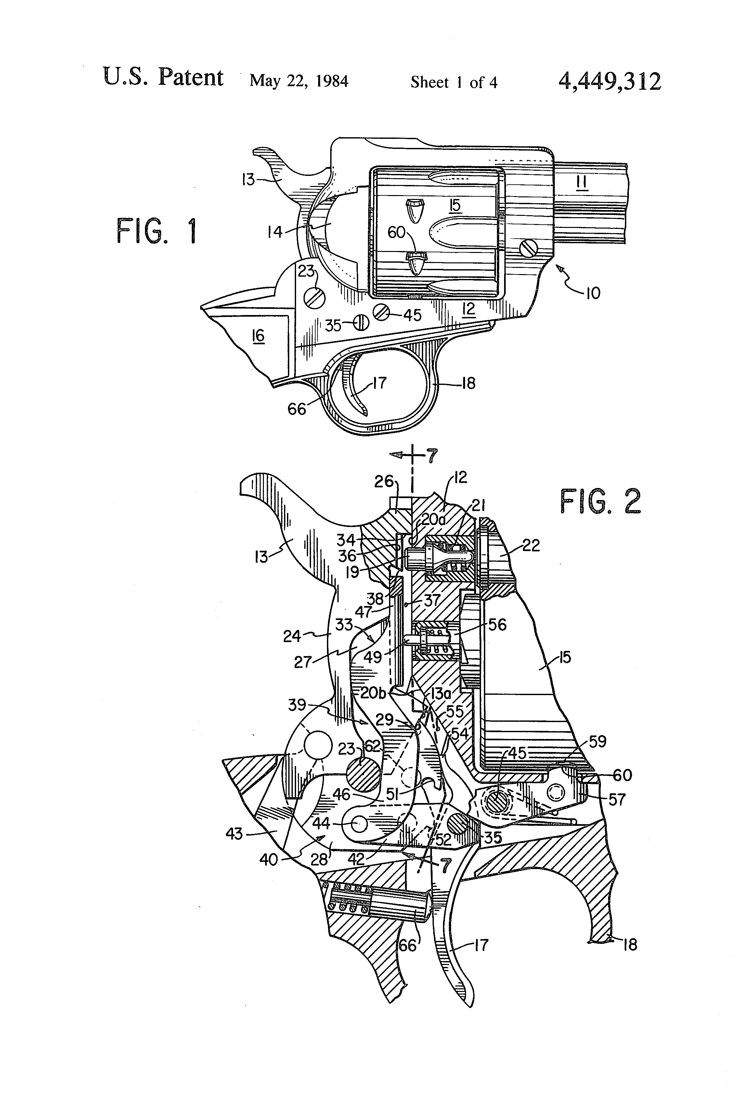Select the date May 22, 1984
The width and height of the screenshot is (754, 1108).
tap(299, 81)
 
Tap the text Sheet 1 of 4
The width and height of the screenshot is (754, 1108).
tap(454, 83)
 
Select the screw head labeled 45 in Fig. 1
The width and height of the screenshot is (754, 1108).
tap(382, 312)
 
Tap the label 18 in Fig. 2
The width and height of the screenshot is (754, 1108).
tap(630, 944)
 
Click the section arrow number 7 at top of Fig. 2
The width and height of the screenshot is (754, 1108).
tap(431, 456)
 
